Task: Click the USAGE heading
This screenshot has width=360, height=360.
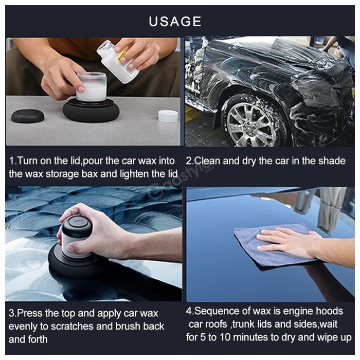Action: (x=175, y=22)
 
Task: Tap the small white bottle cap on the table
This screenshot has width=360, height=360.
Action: (x=168, y=116)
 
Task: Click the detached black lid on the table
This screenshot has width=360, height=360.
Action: (x=28, y=116)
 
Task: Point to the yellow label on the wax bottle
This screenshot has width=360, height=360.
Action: (x=121, y=56)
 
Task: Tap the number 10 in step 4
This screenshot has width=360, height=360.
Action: (x=225, y=337)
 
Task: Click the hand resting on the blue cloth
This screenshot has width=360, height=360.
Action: (x=289, y=243)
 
